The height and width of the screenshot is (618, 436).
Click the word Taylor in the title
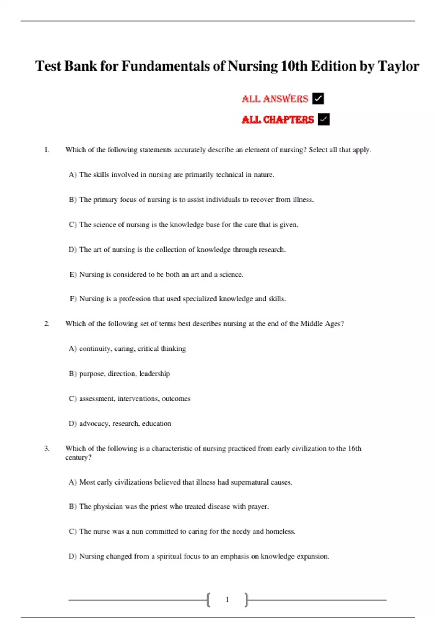398,66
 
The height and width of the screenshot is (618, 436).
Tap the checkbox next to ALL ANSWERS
318,99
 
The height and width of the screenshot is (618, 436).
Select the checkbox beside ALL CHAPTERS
323,119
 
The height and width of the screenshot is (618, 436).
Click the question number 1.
47,150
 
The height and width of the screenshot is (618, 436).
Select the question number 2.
47,324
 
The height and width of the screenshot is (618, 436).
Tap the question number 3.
47,448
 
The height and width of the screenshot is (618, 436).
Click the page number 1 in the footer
227,599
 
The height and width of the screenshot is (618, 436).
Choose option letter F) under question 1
73,299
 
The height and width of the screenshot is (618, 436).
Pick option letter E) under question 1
73,274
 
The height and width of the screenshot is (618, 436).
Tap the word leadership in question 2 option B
154,374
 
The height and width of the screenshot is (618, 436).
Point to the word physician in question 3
108,506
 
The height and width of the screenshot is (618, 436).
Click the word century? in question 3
78,457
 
